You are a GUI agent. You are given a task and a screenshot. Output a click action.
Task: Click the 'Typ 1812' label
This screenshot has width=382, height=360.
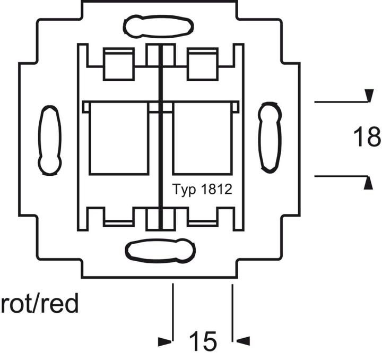(x=203, y=190)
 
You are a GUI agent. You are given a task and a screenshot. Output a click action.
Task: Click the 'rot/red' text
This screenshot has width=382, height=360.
(x=40, y=305)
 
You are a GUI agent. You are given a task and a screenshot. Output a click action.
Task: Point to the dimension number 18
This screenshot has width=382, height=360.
(x=367, y=137)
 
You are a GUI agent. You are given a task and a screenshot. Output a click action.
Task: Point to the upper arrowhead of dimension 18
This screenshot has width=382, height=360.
(x=367, y=96)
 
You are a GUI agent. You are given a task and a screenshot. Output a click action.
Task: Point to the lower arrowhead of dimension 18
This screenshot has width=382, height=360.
(x=367, y=183)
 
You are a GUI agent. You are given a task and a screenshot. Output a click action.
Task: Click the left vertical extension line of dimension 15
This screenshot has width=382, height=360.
(x=173, y=313)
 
